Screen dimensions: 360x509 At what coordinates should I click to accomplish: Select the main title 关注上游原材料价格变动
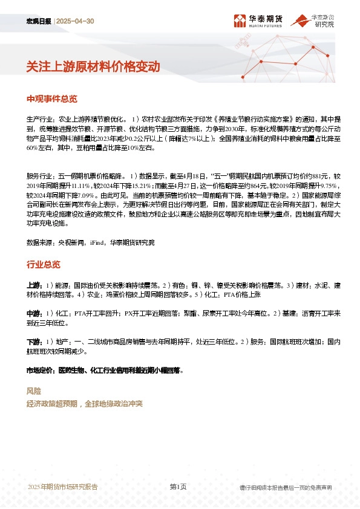click(93, 67)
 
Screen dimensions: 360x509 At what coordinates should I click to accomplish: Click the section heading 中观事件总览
click(52, 99)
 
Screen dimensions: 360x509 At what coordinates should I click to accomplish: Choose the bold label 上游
click(33, 285)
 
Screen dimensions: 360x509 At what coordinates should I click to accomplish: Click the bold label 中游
click(33, 314)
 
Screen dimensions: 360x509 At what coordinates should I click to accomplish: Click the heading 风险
click(34, 391)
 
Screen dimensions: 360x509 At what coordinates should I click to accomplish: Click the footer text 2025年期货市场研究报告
click(63, 487)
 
